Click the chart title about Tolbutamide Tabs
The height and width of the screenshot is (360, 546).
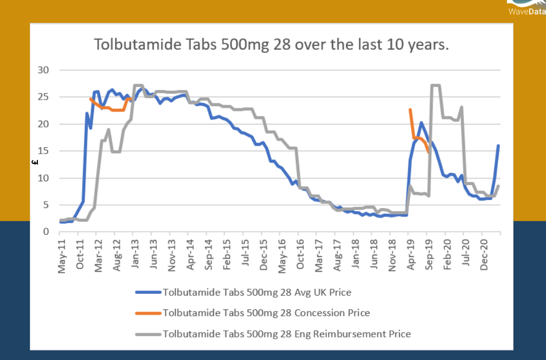pyautogui.click(x=271, y=44)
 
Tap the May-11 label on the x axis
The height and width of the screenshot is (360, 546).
pyautogui.click(x=62, y=255)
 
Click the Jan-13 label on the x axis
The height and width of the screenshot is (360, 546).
pyautogui.click(x=135, y=255)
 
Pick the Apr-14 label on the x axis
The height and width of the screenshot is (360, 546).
pyautogui.click(x=190, y=255)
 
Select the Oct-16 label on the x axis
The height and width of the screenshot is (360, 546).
pyautogui.click(x=300, y=255)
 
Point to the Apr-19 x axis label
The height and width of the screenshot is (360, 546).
pyautogui.click(x=410, y=255)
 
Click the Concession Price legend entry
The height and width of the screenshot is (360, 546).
pyautogui.click(x=266, y=313)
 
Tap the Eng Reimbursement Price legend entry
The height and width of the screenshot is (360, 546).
pyautogui.click(x=286, y=334)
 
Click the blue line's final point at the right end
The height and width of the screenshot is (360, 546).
pyautogui.click(x=499, y=146)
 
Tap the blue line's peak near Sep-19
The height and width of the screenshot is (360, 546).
pyautogui.click(x=421, y=123)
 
